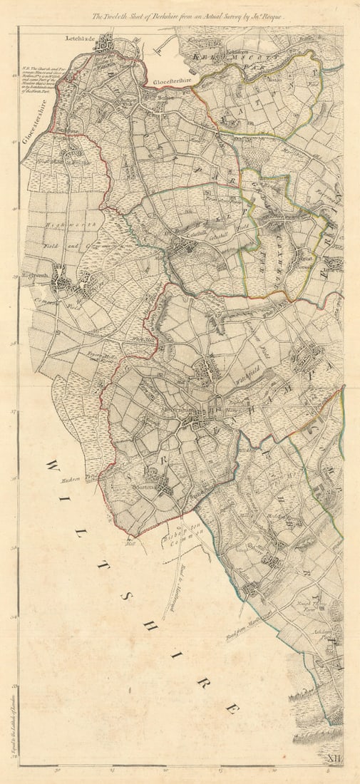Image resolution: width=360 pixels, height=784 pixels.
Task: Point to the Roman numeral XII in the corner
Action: [x=333, y=762]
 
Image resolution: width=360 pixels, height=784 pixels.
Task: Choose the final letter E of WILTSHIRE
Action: [x=231, y=709]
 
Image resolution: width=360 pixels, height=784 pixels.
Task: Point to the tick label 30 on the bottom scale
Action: [x=57, y=770]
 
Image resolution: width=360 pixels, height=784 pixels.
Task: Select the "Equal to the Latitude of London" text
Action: [x=13, y=720]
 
